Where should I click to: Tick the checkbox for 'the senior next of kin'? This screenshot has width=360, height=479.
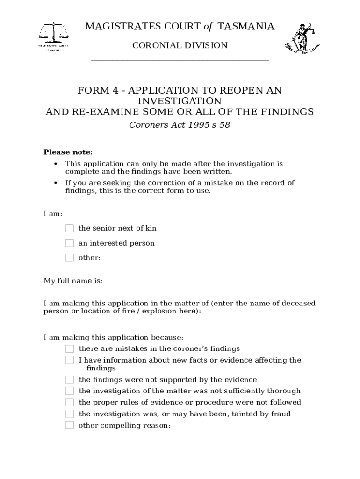pos(70,228)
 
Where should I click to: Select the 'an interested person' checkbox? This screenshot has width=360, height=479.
pos(70,243)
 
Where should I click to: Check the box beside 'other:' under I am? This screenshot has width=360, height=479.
pos(70,258)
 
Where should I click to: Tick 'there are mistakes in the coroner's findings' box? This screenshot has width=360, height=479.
pos(70,348)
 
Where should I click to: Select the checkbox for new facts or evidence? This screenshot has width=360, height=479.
pos(70,360)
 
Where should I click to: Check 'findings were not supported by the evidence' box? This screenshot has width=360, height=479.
pos(70,379)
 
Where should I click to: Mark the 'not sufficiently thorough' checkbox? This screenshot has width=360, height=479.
pos(70,391)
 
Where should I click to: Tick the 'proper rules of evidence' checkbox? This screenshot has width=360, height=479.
pos(70,402)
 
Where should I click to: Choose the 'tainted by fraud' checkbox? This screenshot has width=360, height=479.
pos(70,414)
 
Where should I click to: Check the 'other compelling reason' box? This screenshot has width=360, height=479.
pos(70,426)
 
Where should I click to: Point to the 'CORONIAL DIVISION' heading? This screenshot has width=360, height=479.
pos(180,45)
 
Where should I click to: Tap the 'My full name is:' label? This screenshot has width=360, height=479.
pos(73,281)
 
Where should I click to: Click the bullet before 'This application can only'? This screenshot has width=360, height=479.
pos(56,164)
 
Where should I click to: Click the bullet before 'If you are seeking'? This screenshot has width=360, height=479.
pos(56,183)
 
